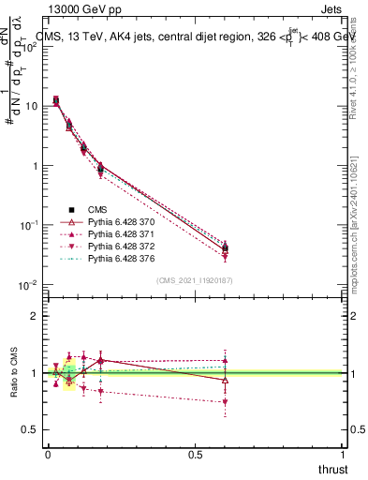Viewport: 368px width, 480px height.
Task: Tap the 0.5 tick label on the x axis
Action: (195, 454)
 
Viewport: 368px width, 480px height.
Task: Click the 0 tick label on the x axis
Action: (48, 454)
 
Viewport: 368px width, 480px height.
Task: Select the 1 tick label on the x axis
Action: (344, 454)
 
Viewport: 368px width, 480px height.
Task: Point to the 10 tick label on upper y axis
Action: (31, 106)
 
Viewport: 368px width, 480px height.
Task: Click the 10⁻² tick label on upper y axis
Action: (28, 285)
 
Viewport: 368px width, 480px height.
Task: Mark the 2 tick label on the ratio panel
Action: (35, 316)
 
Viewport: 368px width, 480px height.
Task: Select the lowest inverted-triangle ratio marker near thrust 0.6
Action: (225, 402)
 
